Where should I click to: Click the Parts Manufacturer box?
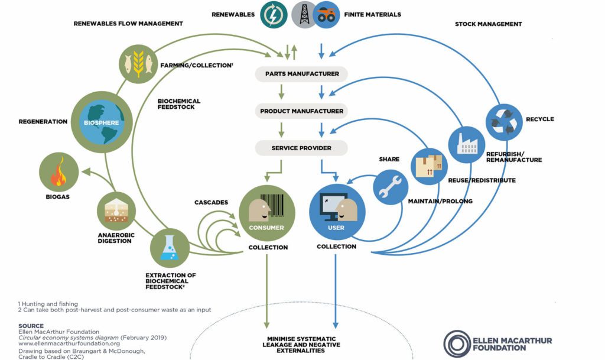pos(301,74)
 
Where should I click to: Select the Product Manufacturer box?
pos(301,111)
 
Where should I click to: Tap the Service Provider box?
pos(301,148)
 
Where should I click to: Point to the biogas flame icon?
pos(60,171)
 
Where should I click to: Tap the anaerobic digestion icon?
pos(116,212)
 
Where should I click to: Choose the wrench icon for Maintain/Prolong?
pos(391,186)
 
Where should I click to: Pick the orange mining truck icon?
pos(324,15)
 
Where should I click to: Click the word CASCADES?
pos(211,203)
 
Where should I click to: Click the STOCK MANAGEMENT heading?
pos(488,24)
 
